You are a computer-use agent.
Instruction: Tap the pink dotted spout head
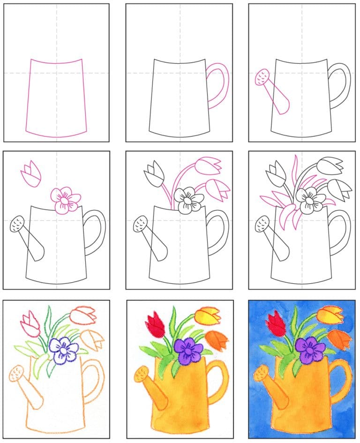click(x=261, y=76)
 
